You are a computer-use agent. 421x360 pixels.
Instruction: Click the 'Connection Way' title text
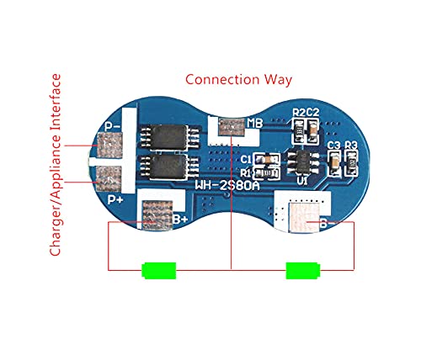coord(238,80)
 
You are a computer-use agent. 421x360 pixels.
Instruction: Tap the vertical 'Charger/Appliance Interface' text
coord(56,165)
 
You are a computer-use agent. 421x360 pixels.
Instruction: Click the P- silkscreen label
coord(112,127)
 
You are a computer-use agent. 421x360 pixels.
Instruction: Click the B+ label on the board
coord(179,220)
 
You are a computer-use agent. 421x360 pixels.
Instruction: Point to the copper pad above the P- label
coord(109,148)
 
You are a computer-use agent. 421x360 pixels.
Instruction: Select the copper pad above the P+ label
coord(109,177)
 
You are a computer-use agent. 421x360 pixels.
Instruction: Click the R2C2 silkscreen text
coord(305,113)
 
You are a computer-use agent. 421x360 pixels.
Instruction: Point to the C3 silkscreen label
coord(334,145)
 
